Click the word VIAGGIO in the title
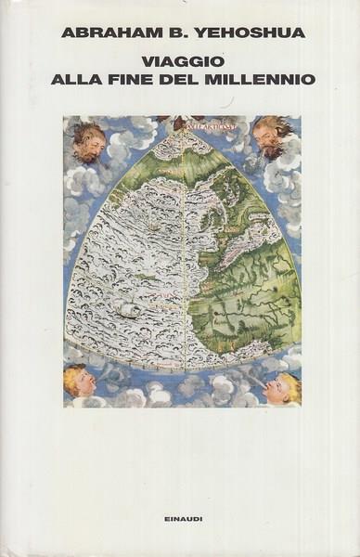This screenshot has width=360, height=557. coord(179,60)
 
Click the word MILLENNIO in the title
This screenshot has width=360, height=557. coord(269,79)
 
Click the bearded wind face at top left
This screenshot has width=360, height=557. coord(89,141)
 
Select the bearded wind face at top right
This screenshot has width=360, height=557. coord(274,137)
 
